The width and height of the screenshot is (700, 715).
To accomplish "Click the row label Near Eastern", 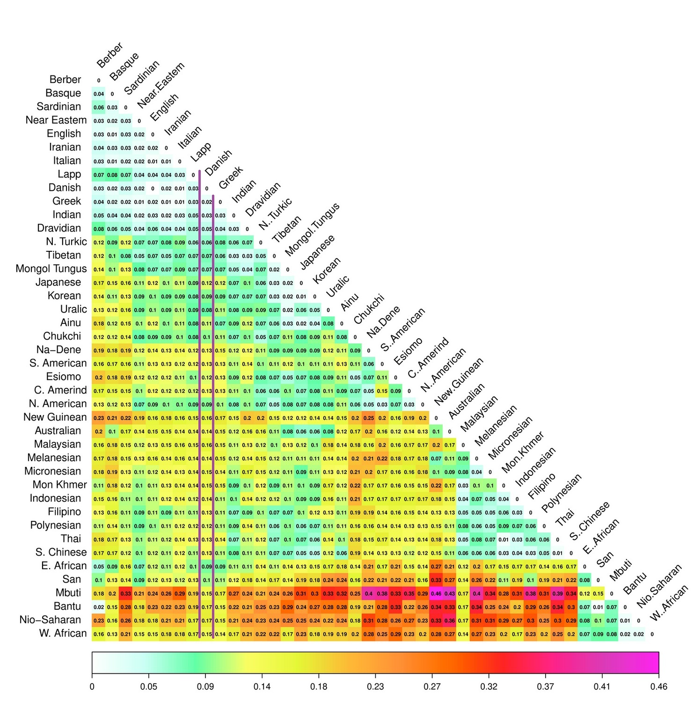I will point(56,120).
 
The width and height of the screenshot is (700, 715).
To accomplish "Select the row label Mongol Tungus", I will point(51,269).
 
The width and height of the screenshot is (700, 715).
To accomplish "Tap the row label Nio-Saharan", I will point(53,620).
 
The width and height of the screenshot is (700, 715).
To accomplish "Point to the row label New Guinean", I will point(55,417).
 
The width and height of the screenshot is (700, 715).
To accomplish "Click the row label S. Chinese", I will point(61,553).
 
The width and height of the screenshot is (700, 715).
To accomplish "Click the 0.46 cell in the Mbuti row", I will point(436,594).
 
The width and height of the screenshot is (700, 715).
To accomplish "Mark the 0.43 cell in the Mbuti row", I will point(450,594).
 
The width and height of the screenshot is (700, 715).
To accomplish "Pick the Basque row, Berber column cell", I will point(99,94).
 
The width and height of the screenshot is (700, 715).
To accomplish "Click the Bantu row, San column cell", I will point(598,607).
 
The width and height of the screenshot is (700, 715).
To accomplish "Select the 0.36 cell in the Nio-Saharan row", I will point(450,621).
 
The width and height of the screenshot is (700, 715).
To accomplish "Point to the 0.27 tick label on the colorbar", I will point(432,687).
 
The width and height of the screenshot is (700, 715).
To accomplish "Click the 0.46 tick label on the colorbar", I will point(658,687).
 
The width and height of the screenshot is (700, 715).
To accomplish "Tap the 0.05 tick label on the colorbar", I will point(149,687).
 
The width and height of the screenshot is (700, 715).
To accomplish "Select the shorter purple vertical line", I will point(213,416).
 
